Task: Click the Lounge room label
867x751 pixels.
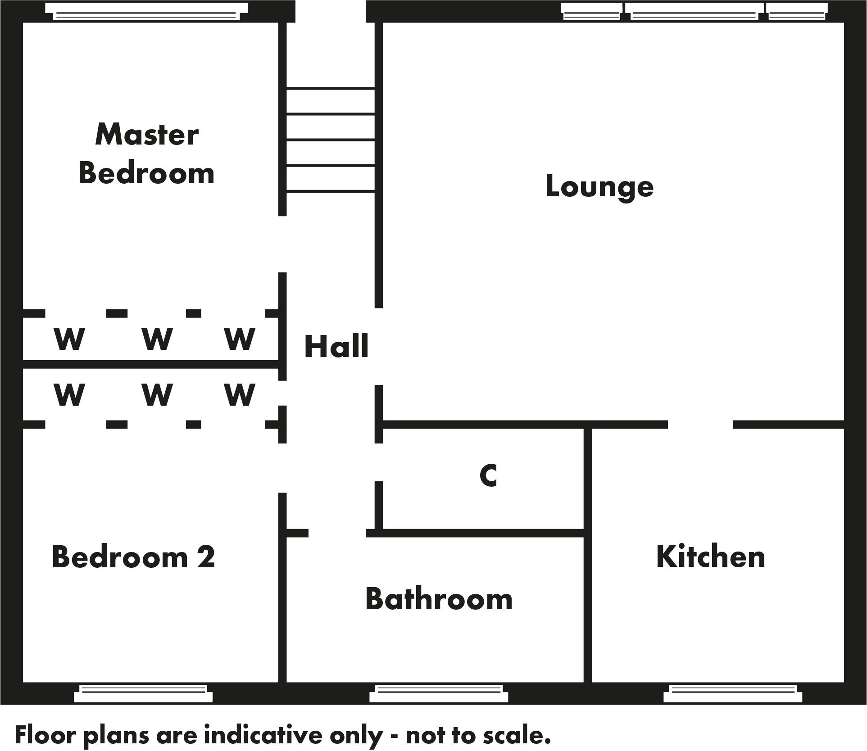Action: [x=599, y=186]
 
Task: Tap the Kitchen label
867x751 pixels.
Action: [x=711, y=557]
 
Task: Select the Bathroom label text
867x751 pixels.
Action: [x=439, y=599]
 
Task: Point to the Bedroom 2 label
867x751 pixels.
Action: [x=133, y=557]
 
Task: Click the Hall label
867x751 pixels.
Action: [x=336, y=346]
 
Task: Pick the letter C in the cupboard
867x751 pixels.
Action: [x=488, y=475]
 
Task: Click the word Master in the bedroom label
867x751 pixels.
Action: [x=147, y=135]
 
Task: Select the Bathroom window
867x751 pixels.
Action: [x=439, y=694]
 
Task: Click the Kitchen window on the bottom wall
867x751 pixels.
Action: [x=733, y=694]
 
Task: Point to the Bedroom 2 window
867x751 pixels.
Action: [x=143, y=694]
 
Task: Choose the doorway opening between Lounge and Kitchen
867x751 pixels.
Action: [x=700, y=425]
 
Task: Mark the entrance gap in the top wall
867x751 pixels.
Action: [x=331, y=11]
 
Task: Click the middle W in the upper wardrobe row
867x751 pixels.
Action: [x=157, y=339]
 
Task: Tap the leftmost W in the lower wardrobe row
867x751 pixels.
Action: [x=69, y=394]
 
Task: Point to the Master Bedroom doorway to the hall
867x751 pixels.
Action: [x=282, y=244]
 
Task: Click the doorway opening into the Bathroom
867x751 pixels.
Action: [x=337, y=533]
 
